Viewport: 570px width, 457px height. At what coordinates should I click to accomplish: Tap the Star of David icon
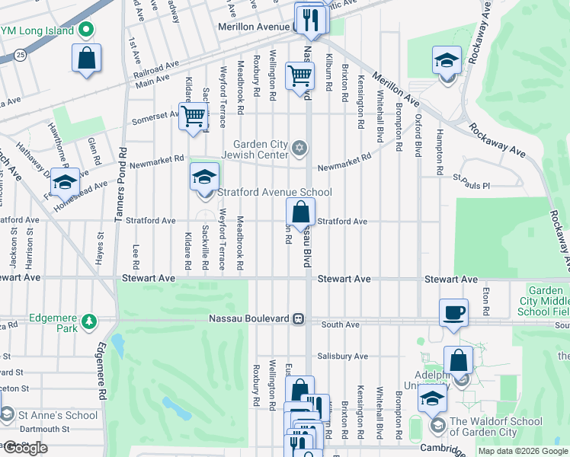click(300, 147)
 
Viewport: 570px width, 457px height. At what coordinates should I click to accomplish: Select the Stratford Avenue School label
click(275, 192)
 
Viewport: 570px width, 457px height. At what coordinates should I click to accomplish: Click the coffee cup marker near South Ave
click(454, 312)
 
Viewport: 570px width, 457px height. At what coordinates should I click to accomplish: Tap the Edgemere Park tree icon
click(90, 318)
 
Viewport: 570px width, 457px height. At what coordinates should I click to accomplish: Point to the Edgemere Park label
click(54, 318)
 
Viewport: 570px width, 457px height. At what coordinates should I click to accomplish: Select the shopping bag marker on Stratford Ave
click(301, 213)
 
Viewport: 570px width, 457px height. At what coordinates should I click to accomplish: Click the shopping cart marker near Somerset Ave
click(194, 117)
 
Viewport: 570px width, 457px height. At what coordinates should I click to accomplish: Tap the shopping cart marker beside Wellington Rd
click(300, 75)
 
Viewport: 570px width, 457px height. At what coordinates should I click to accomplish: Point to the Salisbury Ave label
click(343, 356)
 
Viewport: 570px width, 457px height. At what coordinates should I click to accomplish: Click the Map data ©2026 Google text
click(523, 451)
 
